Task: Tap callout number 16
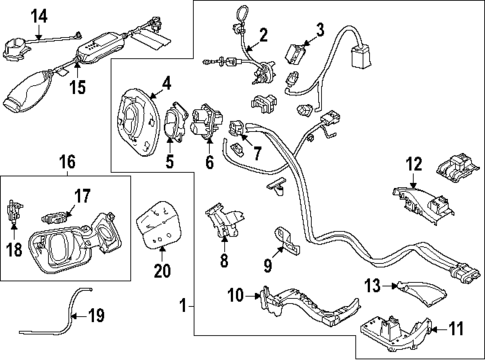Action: pyautogui.click(x=66, y=161)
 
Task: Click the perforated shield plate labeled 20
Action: pyautogui.click(x=157, y=228)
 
